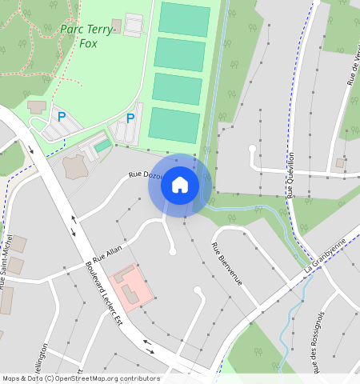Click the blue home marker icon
point(180,185)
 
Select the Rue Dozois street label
point(146,175)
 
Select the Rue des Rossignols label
point(318,342)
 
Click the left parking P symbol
point(61,117)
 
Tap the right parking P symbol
point(130,118)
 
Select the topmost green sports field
point(185,18)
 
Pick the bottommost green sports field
point(173,125)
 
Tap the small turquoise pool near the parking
point(102,146)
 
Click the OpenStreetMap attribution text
point(80,378)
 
